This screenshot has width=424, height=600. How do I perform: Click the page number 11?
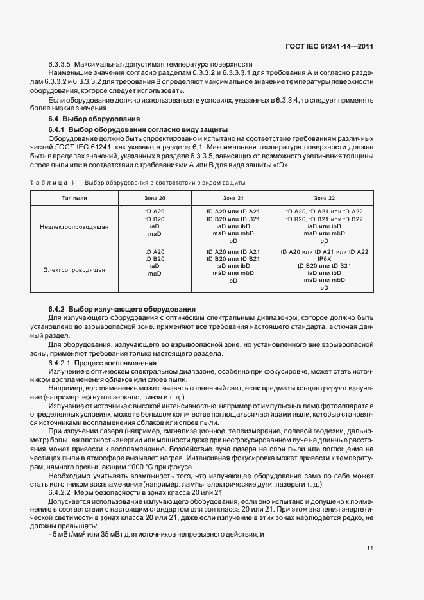370,547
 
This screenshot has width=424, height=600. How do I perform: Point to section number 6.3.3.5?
60,65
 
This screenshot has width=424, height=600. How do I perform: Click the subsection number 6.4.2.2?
60,491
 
